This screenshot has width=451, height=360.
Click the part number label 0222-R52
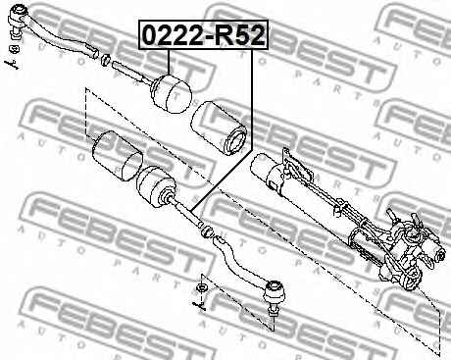pyautogui.click(x=203, y=34)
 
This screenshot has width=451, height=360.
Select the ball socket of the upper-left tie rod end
pyautogui.click(x=16, y=17)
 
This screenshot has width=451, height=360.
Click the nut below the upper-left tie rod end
pyautogui.click(x=15, y=49)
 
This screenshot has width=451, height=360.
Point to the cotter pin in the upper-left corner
pyautogui.click(x=12, y=65)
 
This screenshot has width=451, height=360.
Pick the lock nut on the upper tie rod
pyautogui.click(x=105, y=60)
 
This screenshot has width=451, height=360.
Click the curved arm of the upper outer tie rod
pyautogui.click(x=62, y=37)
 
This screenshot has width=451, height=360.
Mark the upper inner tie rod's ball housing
pyautogui.click(x=172, y=94)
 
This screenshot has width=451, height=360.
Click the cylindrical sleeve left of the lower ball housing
pyautogui.click(x=118, y=156)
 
